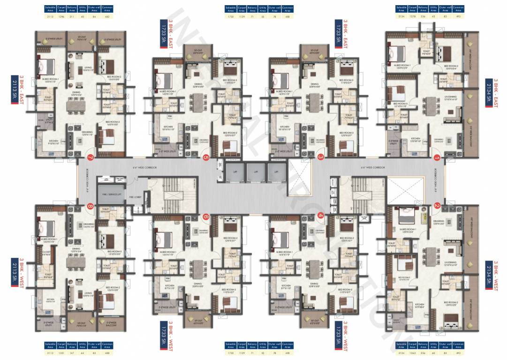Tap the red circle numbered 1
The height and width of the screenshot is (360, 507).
pos(437,157)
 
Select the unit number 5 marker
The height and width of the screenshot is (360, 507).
pos(205,157)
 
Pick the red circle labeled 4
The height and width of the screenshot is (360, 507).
pos(321,215)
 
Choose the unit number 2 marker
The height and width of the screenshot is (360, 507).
pos(437,206)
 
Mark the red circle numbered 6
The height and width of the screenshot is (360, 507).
pos(205,216)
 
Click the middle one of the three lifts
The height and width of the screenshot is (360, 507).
pos(256,172)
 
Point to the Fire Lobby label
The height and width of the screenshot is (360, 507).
pos(135,197)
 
